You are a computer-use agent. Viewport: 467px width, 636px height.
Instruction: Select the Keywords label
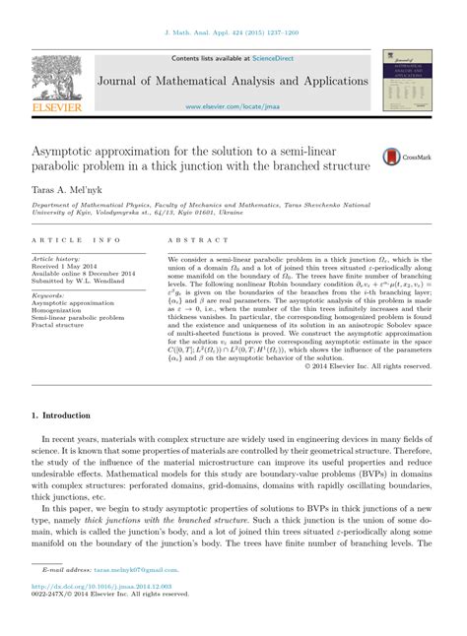48,294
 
